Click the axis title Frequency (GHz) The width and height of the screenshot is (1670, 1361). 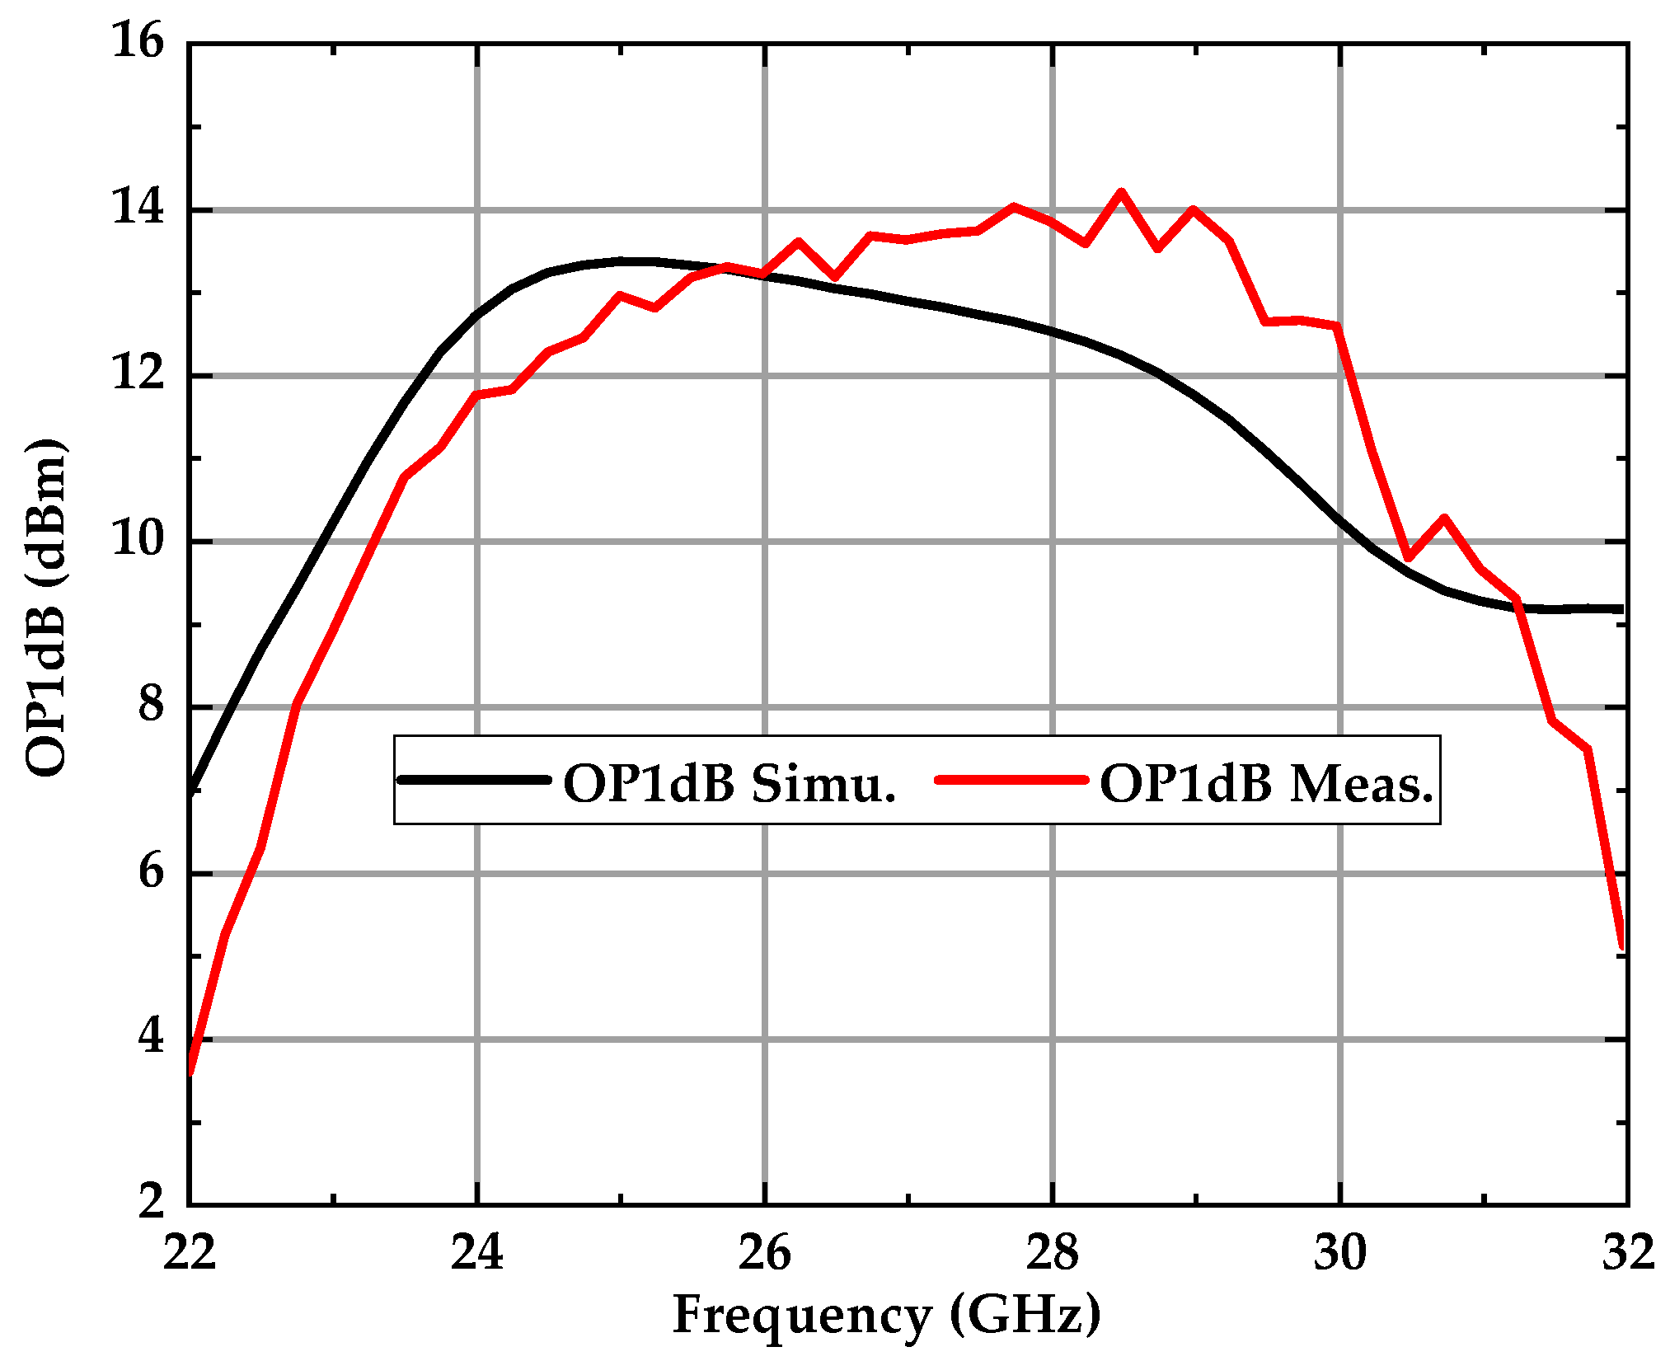[886, 1316]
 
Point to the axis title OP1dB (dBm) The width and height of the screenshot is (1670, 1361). [45, 608]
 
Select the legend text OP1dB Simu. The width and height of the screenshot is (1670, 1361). [729, 783]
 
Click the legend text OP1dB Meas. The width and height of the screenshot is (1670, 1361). [1267, 783]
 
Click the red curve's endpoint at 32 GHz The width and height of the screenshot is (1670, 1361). [1621, 946]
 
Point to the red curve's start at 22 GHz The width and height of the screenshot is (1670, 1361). [190, 1072]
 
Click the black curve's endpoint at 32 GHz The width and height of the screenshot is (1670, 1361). [1621, 609]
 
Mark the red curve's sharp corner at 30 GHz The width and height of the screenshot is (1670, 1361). [1336, 326]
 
